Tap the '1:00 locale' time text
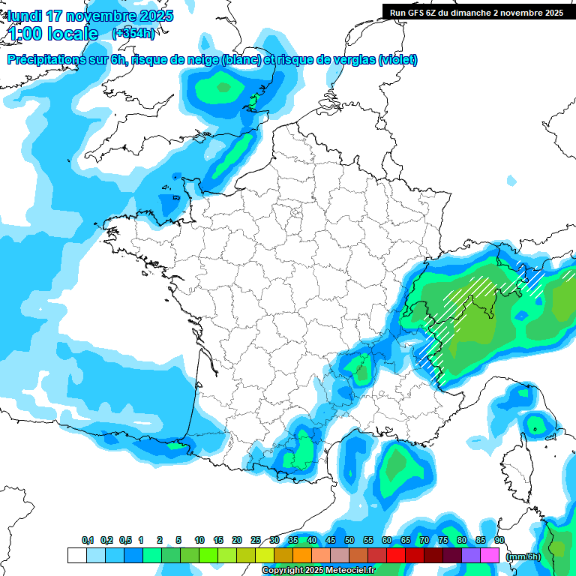click(x=52, y=34)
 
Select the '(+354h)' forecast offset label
click(x=133, y=34)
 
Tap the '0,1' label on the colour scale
click(x=88, y=541)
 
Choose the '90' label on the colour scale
click(x=499, y=541)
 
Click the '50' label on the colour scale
click(x=349, y=541)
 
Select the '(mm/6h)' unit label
click(x=523, y=556)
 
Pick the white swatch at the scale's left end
click(x=76, y=555)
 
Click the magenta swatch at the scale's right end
click(x=490, y=555)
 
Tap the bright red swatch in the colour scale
click(x=395, y=555)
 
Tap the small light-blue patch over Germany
click(x=511, y=181)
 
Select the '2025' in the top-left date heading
click(x=155, y=16)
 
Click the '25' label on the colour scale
click(x=256, y=541)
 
